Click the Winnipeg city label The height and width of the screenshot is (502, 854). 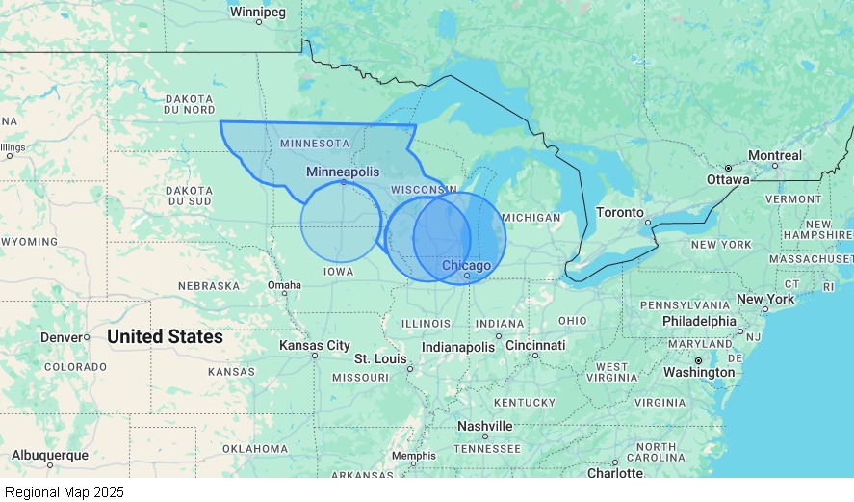257,13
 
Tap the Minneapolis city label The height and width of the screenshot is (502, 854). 343,171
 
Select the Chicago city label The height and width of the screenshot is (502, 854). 466,265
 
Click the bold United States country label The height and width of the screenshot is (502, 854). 165,337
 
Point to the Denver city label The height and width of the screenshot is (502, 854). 62,337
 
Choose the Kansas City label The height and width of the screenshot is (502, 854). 315,345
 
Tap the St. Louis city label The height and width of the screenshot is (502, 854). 380,358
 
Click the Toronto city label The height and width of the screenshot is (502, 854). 619,212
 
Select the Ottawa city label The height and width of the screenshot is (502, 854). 727,179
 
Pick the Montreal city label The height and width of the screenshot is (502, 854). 774,155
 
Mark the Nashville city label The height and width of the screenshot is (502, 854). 484,426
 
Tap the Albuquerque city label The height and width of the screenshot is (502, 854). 49,455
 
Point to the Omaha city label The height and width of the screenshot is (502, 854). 284,285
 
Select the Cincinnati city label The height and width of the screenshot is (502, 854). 534,345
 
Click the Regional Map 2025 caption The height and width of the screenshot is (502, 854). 65,491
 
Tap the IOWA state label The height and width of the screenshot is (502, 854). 338,272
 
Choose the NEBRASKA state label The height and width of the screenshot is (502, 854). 209,286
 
